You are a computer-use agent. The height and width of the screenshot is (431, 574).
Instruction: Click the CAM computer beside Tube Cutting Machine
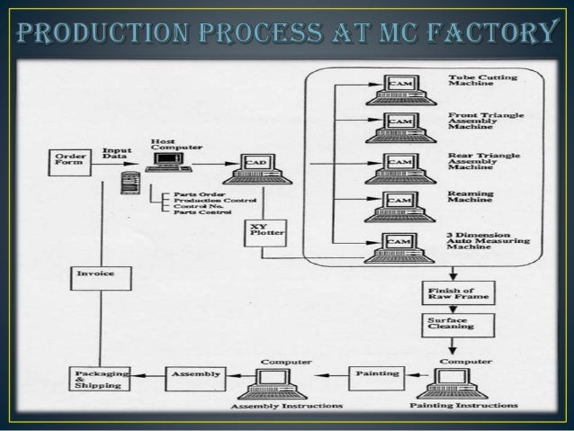click(x=398, y=89)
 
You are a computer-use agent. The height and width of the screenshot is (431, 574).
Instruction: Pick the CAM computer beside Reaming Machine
click(x=398, y=205)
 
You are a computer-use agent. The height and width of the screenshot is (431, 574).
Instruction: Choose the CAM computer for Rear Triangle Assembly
click(x=398, y=166)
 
